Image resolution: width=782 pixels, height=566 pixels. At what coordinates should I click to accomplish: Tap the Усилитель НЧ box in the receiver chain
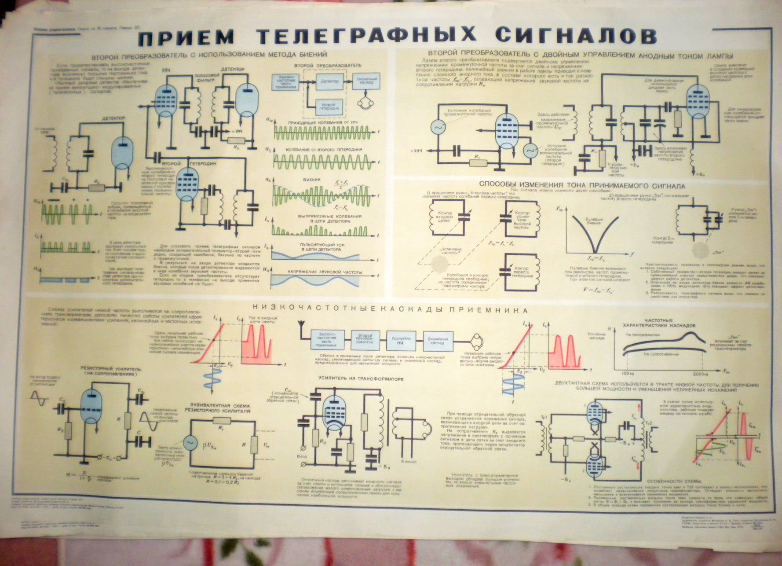(x=401, y=340)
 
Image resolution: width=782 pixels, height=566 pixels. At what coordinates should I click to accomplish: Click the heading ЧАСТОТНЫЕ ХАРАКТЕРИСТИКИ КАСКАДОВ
(x=670, y=323)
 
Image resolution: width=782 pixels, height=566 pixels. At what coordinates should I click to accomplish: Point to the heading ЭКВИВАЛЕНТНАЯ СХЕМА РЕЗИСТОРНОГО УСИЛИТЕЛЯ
(x=220, y=408)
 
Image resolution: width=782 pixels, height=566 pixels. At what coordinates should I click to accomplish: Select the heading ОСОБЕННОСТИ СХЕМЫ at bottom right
(x=677, y=481)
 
